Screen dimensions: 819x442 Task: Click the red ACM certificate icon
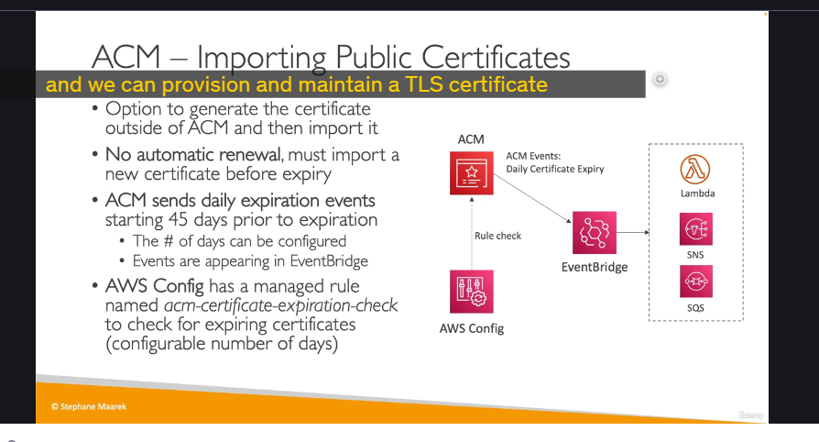[x=472, y=173]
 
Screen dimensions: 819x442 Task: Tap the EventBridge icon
[x=595, y=233]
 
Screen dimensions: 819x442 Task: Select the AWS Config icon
[x=472, y=292]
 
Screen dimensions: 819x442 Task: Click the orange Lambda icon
[x=695, y=169]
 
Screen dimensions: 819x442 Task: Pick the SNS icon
[x=695, y=228]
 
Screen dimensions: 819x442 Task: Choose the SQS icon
[x=695, y=282]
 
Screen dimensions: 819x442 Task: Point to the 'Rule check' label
[x=497, y=236]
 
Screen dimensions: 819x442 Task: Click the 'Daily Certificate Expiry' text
[x=555, y=169]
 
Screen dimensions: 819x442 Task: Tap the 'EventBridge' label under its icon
[x=595, y=267]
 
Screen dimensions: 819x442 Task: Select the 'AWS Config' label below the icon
[x=472, y=328]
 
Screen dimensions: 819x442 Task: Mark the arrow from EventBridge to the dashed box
[x=633, y=232]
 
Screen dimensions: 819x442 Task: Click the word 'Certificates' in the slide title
[x=496, y=57]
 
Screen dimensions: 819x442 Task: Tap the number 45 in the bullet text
[x=178, y=220]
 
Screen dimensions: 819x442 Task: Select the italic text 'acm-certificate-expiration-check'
[x=281, y=305]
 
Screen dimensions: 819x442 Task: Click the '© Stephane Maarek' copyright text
[x=89, y=406]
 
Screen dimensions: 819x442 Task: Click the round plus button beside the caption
[x=660, y=79]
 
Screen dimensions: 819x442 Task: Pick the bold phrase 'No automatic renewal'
[x=193, y=155]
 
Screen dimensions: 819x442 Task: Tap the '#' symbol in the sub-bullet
[x=169, y=241]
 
